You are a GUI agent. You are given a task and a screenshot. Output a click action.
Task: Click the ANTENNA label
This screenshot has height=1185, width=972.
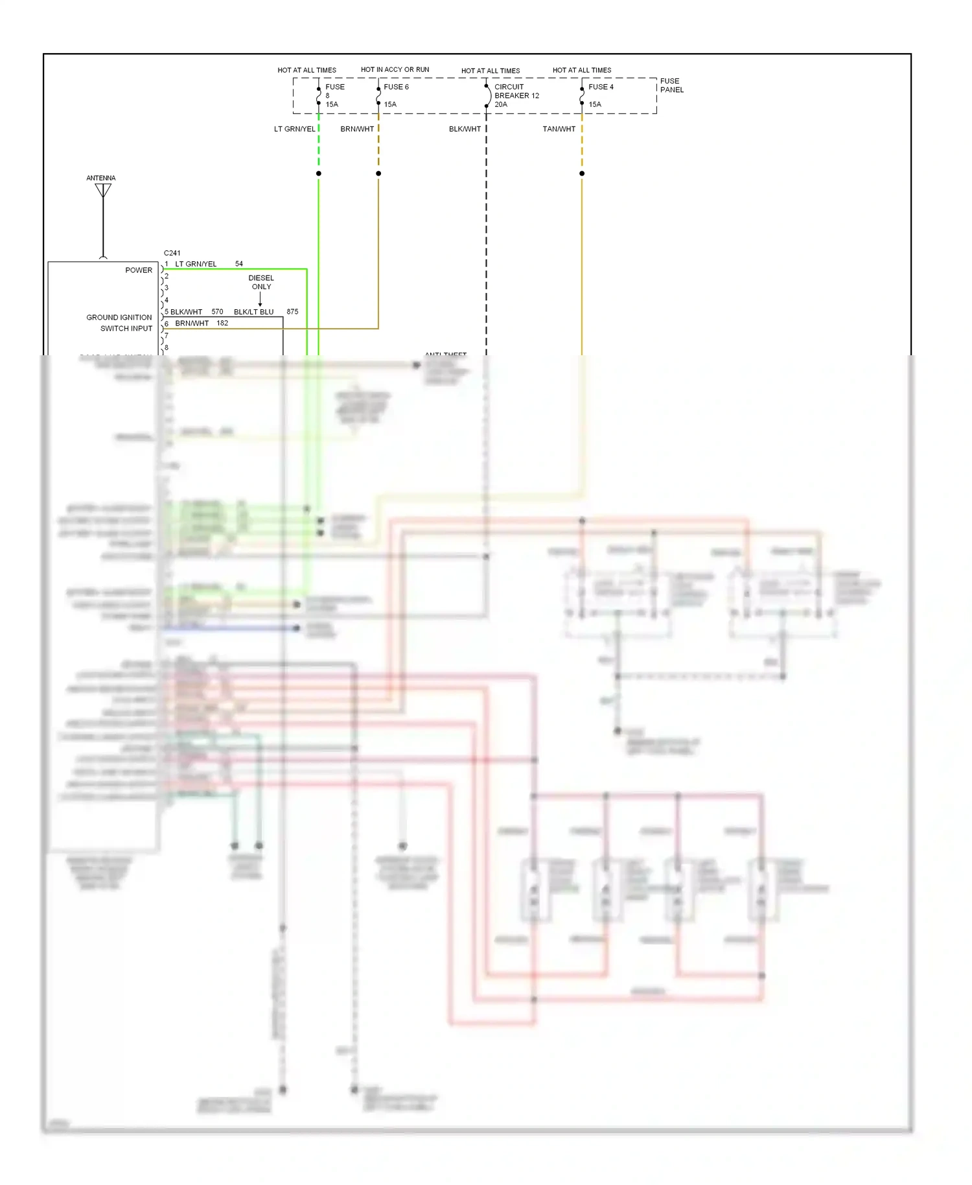click(x=101, y=178)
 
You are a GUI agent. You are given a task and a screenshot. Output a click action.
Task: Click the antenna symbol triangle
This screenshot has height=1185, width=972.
click(x=103, y=189)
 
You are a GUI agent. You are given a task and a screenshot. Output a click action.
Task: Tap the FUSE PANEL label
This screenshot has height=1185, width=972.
click(x=671, y=86)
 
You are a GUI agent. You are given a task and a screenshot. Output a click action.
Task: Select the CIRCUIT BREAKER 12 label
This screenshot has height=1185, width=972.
click(x=516, y=95)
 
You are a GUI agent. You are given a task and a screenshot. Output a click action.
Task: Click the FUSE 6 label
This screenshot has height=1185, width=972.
click(x=396, y=87)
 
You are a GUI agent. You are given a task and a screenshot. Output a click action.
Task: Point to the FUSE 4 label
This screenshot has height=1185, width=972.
click(x=601, y=87)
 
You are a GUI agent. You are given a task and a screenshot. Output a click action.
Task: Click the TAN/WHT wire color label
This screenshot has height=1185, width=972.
click(x=559, y=129)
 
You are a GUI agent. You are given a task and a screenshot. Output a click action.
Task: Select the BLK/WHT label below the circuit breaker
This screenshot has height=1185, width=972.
click(x=465, y=129)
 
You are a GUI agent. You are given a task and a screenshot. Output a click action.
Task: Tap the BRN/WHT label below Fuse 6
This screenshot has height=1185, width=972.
click(x=357, y=129)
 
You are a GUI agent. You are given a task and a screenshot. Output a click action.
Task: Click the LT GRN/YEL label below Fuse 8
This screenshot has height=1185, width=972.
click(x=295, y=129)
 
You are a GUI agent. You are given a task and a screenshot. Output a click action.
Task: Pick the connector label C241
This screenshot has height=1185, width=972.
click(x=172, y=253)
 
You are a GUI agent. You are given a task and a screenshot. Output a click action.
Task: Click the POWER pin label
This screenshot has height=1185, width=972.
click(x=139, y=270)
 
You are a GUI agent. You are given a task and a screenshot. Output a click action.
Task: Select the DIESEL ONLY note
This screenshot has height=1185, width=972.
click(x=261, y=282)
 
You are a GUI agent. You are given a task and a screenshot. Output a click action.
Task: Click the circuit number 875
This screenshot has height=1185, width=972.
click(x=292, y=312)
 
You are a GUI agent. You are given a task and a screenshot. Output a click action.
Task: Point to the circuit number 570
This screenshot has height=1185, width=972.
click(x=217, y=312)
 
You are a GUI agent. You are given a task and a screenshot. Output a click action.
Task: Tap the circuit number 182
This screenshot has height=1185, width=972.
click(x=222, y=323)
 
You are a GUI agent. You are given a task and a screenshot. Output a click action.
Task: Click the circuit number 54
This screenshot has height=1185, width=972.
click(x=239, y=264)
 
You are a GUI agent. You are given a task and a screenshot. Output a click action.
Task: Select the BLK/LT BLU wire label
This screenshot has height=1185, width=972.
click(x=254, y=312)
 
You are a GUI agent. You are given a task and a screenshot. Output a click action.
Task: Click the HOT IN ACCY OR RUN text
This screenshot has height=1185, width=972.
click(x=395, y=69)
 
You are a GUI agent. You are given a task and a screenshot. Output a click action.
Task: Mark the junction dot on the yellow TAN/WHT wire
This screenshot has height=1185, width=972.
click(x=582, y=174)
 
